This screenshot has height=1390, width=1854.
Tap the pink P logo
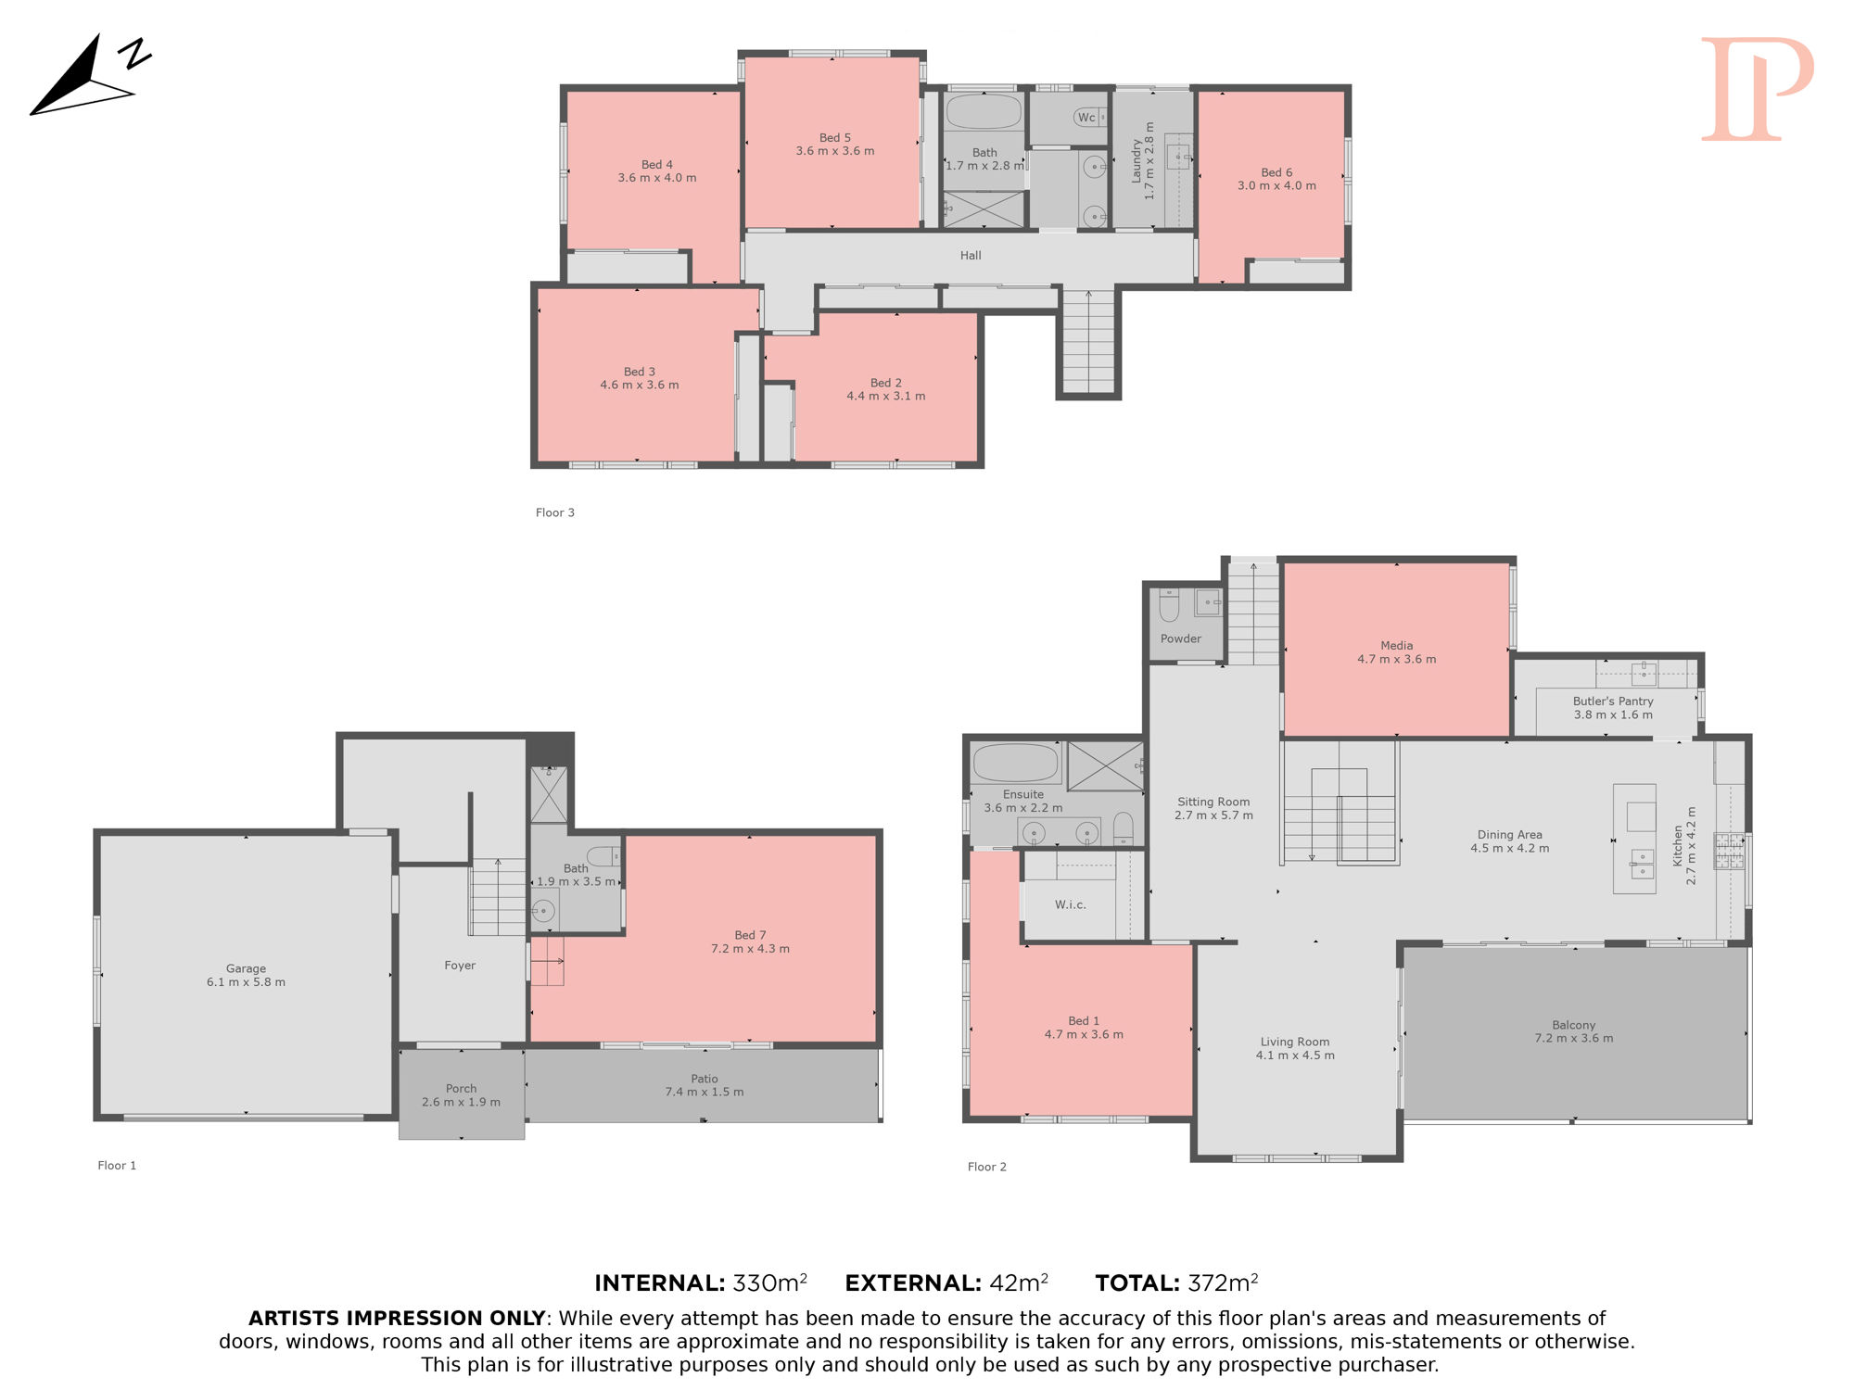(x=1757, y=89)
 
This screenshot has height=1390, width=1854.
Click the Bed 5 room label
(x=834, y=138)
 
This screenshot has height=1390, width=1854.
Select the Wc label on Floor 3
(x=1086, y=118)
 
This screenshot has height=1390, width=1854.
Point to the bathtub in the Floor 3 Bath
(x=984, y=111)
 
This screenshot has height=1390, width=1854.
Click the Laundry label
(x=1137, y=161)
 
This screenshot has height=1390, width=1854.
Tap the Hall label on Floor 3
(x=971, y=256)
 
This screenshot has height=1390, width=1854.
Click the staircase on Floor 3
(x=1088, y=341)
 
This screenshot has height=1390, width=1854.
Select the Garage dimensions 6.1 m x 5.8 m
(x=246, y=982)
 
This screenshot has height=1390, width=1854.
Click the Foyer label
(x=460, y=966)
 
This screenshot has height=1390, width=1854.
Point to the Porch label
(x=461, y=1089)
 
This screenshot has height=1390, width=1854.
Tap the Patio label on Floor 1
(x=705, y=1079)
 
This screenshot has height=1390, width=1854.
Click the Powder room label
(x=1181, y=638)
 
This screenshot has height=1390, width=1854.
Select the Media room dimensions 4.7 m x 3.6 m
(x=1397, y=660)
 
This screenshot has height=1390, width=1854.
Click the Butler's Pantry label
(x=1613, y=701)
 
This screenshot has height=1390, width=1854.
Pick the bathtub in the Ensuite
(x=1015, y=763)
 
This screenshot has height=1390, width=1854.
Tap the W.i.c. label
(x=1071, y=904)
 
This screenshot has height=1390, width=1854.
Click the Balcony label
(x=1574, y=1025)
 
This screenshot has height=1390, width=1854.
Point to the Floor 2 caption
(x=987, y=1167)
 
